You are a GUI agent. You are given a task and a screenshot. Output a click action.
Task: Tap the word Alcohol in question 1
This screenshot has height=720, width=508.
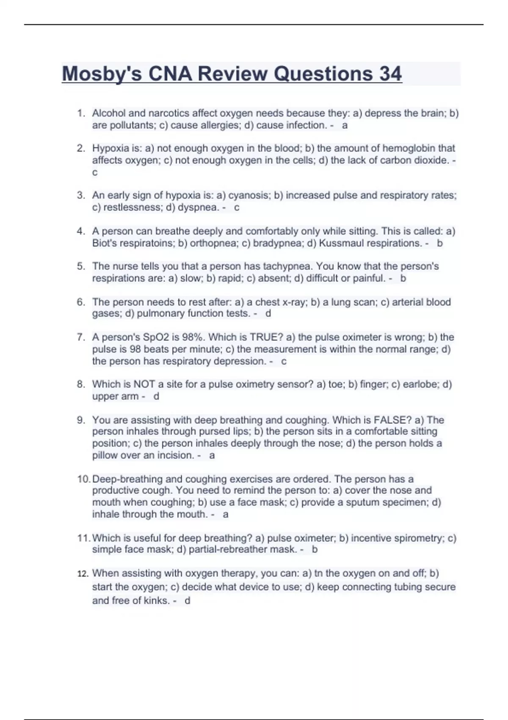[109, 113]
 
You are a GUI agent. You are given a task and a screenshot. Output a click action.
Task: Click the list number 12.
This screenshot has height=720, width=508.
[83, 574]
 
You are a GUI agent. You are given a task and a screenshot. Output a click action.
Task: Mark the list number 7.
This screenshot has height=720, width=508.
[81, 337]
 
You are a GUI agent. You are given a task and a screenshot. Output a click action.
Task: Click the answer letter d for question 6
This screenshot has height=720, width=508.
[268, 313]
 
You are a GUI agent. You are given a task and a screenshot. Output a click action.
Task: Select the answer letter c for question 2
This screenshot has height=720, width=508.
[95, 172]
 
